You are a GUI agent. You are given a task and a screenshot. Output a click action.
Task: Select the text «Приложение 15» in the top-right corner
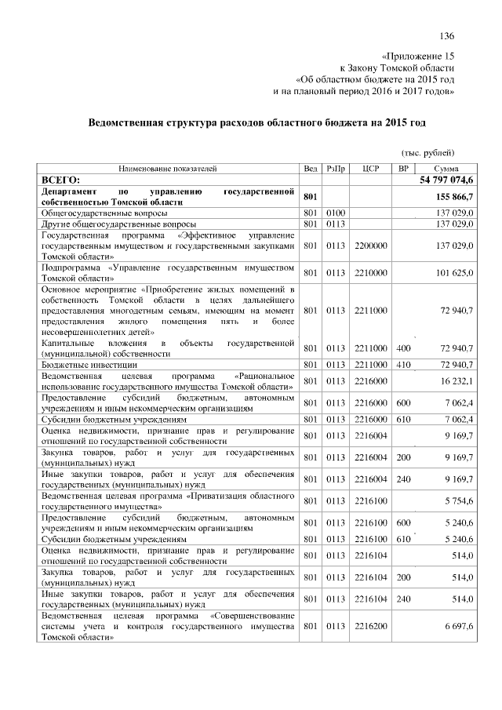click(x=417, y=57)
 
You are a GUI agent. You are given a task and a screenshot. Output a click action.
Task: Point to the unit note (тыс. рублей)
click(x=427, y=153)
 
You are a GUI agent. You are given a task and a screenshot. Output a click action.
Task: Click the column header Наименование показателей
click(x=168, y=169)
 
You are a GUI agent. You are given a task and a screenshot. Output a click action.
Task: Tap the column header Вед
click(x=310, y=169)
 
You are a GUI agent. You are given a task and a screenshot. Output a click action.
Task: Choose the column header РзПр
click(x=336, y=169)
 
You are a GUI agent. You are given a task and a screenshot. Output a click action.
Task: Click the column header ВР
click(x=403, y=169)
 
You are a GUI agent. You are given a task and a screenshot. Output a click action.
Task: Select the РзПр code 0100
click(x=336, y=213)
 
